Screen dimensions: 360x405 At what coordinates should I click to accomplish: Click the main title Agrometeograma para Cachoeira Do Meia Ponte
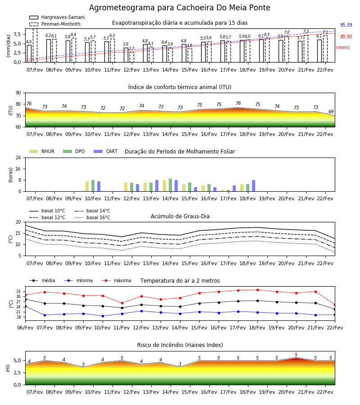(180, 8)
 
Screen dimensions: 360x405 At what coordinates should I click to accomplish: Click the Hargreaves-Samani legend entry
(57, 17)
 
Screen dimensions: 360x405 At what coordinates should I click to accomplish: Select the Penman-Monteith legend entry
(55, 24)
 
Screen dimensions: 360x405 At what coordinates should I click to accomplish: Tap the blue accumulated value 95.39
(346, 25)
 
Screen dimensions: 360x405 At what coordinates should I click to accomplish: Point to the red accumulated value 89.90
(346, 36)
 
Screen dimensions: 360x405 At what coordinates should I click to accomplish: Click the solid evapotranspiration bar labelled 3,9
(126, 55)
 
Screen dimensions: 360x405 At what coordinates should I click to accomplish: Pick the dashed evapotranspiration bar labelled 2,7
(132, 57)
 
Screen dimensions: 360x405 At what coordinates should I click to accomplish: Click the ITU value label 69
(331, 112)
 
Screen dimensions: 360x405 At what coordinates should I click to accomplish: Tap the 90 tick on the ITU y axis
(18, 93)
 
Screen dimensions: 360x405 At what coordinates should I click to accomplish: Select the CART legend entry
(105, 151)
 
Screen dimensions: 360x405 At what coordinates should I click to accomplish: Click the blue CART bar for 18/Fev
(254, 186)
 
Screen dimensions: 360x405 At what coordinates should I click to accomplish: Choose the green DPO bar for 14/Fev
(171, 185)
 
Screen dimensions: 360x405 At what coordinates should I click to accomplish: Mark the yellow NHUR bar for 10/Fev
(87, 186)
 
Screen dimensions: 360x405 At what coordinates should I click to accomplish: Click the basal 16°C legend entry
(92, 217)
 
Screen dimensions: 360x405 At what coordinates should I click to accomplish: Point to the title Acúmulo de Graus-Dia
(180, 216)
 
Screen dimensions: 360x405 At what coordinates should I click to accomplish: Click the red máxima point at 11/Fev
(122, 303)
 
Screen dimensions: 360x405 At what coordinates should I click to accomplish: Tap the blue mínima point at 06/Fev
(25, 306)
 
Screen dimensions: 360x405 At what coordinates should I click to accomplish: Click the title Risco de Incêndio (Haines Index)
(180, 345)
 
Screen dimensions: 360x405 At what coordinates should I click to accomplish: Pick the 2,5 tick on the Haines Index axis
(17, 373)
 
